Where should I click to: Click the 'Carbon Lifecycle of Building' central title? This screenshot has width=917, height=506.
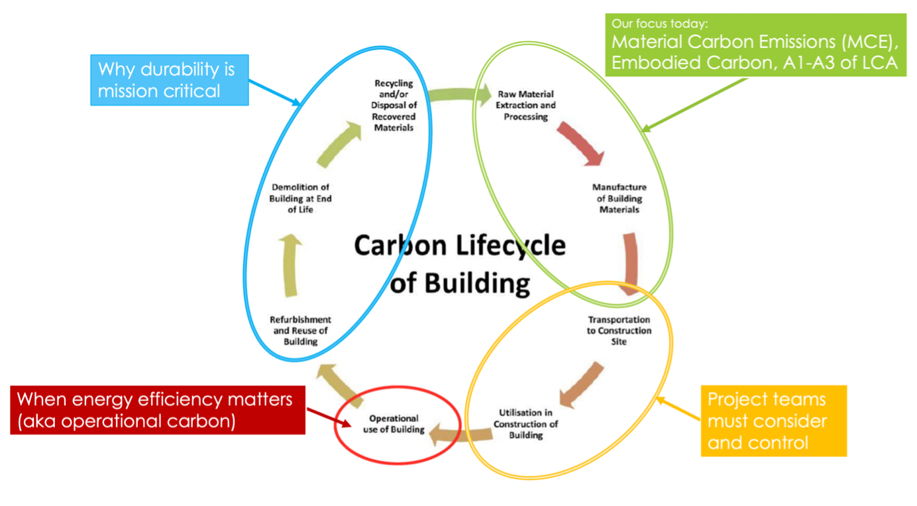click(459, 264)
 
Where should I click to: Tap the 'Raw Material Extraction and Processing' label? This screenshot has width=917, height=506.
click(526, 105)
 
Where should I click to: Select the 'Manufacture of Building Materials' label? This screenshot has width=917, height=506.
click(619, 198)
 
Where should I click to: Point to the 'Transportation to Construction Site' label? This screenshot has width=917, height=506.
click(619, 330)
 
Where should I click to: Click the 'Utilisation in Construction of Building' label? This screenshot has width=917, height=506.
click(526, 424)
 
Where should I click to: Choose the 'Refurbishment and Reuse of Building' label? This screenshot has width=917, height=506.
click(300, 330)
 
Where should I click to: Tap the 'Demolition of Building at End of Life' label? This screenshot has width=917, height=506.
click(301, 198)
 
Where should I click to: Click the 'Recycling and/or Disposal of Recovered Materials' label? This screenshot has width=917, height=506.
click(394, 105)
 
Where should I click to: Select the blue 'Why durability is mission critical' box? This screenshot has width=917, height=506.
click(170, 80)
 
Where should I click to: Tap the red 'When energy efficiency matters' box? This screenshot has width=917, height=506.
click(158, 410)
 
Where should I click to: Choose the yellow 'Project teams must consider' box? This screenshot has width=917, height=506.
click(773, 420)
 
